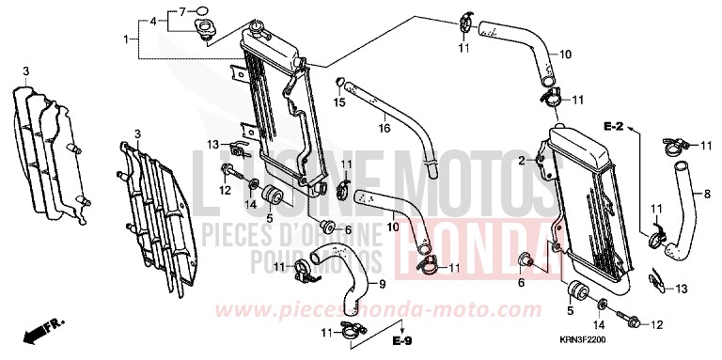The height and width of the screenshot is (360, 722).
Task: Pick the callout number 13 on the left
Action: click(x=212, y=143)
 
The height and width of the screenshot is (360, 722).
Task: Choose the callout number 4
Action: click(x=152, y=20)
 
